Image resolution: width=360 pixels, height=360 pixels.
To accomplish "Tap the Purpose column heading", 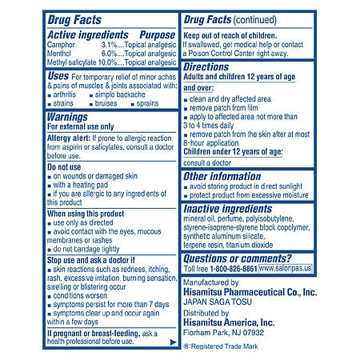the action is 156,36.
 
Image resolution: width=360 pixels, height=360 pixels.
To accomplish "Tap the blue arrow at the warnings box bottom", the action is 170,342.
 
